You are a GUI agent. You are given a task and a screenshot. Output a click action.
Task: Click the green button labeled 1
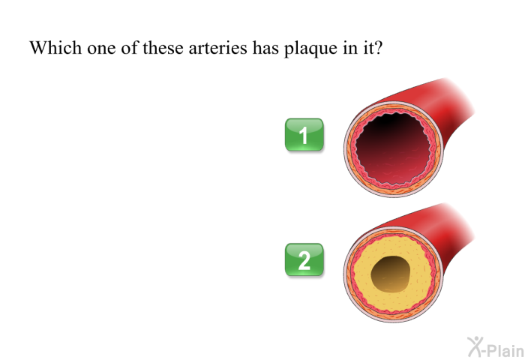304,134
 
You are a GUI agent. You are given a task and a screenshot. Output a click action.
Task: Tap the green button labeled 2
304,259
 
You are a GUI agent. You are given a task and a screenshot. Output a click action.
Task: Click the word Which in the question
55,47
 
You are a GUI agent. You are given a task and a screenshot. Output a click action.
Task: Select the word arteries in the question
217,47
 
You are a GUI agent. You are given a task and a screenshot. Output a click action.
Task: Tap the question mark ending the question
378,47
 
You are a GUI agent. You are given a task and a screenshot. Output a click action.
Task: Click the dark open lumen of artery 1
394,147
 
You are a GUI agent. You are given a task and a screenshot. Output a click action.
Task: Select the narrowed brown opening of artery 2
391,274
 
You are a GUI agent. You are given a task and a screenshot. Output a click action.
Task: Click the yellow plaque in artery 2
421,278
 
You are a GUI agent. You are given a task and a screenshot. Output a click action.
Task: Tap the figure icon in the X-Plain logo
475,346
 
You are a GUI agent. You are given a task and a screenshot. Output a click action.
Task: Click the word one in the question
101,49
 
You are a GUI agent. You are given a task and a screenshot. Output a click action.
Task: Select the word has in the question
265,47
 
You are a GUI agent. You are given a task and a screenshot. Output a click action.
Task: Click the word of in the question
129,47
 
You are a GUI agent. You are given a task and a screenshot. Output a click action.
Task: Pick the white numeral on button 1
303,136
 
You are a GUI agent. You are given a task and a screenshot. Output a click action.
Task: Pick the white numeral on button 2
304,260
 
